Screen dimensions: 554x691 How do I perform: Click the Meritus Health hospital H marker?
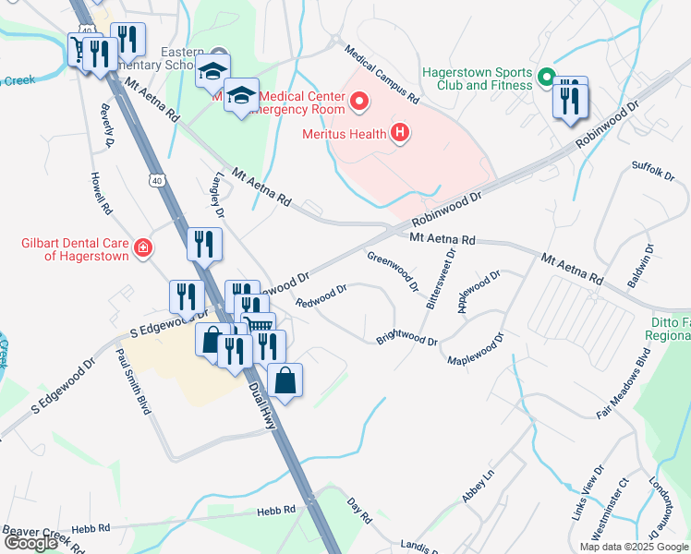400,134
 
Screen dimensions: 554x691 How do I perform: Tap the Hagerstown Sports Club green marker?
546,78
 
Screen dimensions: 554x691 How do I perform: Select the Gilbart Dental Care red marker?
142,247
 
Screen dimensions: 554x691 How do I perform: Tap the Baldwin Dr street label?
649,262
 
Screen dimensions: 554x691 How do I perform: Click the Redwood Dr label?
321,296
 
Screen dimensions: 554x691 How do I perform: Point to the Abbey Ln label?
479,486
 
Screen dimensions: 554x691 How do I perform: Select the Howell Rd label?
101,193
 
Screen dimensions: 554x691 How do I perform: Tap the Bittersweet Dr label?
442,276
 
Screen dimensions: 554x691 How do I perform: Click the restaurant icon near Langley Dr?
203,245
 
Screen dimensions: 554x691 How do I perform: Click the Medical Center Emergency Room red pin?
358,101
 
